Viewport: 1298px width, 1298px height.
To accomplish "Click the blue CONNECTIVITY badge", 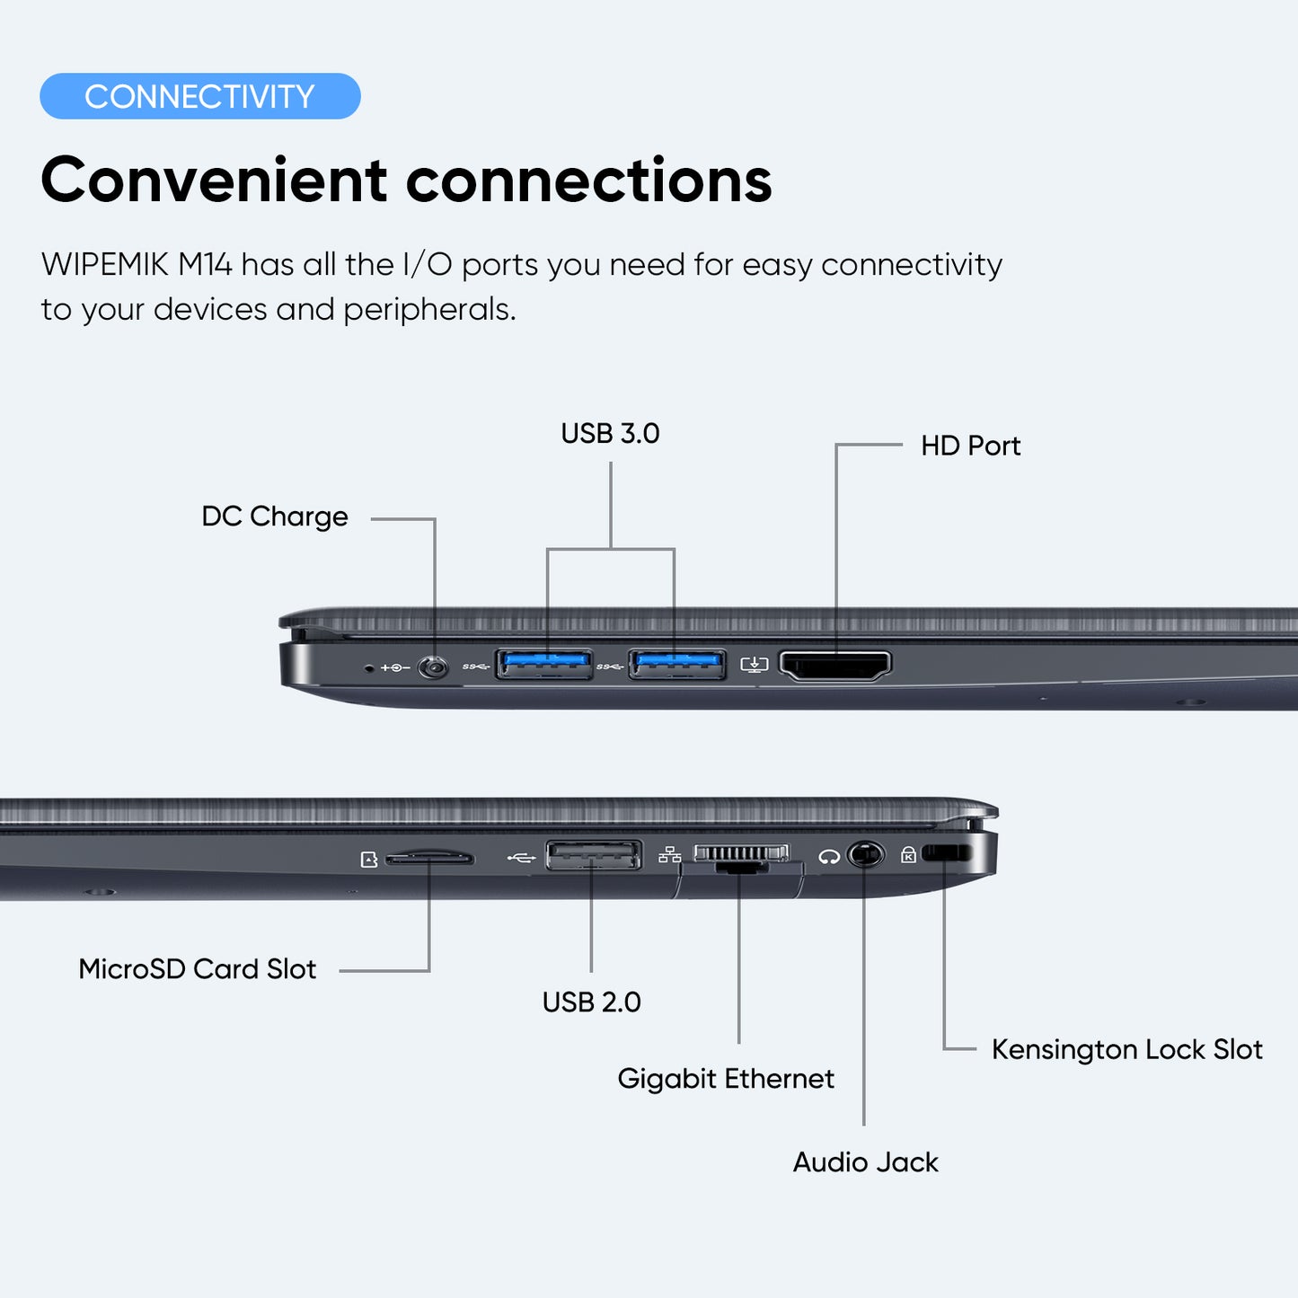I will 199,96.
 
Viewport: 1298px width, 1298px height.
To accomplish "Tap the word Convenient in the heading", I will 214,181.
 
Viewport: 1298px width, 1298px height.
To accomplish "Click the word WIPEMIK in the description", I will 105,265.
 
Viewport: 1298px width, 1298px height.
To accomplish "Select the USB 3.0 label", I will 610,434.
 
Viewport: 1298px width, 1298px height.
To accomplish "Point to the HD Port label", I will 970,446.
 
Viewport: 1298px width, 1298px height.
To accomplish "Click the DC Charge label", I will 275,517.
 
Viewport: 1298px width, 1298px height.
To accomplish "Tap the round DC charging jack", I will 434,667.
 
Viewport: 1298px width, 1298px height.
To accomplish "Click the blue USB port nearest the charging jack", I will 544,665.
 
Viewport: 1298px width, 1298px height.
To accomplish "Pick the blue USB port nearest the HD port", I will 677,665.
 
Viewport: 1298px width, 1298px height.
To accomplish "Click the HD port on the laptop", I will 835,666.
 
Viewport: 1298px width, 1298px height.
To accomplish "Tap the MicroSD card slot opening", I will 429,860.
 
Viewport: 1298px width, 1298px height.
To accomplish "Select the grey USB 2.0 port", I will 594,855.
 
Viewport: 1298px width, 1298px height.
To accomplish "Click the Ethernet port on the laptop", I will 741,858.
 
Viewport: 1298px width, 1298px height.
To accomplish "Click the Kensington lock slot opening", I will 946,852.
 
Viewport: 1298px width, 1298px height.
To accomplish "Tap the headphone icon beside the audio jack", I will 829,857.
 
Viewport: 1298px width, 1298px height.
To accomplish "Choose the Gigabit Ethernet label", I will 726,1078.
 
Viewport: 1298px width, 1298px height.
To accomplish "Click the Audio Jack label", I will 865,1162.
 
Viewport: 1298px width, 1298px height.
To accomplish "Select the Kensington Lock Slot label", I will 1126,1049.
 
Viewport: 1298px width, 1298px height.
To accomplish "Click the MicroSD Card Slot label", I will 198,969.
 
